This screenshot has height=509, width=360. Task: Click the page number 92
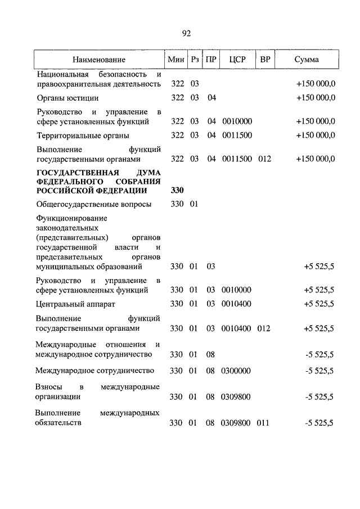(187, 33)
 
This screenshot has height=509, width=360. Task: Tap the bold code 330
(177, 191)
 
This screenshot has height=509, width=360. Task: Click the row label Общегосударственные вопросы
(93, 205)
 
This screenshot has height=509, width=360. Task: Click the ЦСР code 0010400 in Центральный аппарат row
(237, 304)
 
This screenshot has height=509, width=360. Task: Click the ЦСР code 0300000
(237, 371)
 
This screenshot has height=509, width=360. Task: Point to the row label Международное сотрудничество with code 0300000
(94, 371)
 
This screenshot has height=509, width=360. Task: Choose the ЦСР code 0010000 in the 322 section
(237, 121)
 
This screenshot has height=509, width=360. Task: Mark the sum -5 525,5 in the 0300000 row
(319, 371)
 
